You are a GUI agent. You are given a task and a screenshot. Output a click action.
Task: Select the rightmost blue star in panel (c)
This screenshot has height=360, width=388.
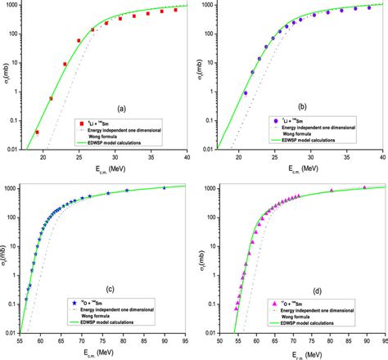click(164, 187)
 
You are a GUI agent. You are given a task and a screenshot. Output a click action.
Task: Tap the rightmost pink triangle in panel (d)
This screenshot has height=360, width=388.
click(365, 187)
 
